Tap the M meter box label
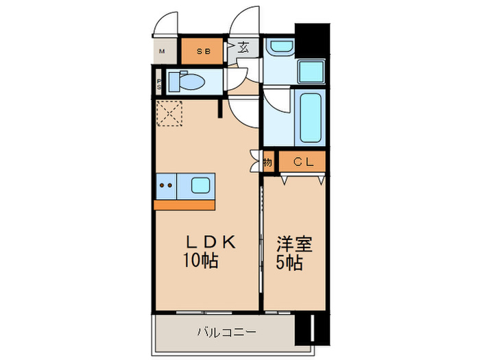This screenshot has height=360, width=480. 163,51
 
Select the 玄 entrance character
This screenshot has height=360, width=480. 243,48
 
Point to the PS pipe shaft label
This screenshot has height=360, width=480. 159,84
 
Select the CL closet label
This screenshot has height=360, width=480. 304,163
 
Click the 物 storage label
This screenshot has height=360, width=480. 268,163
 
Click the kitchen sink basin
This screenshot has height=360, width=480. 201,184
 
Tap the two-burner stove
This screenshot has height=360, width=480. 165,184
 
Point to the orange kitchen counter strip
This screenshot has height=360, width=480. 184,204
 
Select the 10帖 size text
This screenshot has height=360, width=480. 200,261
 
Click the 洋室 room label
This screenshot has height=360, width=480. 294,244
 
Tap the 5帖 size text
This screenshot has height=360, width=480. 291,263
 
